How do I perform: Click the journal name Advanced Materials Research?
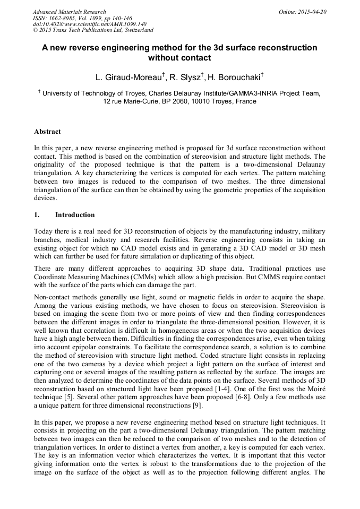click(69, 12)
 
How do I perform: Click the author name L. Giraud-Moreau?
click(129, 77)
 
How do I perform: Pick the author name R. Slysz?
click(183, 77)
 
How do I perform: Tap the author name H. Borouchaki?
click(232, 77)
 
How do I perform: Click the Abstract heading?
click(47, 132)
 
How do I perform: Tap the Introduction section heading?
click(75, 215)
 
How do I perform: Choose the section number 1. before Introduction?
click(37, 215)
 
